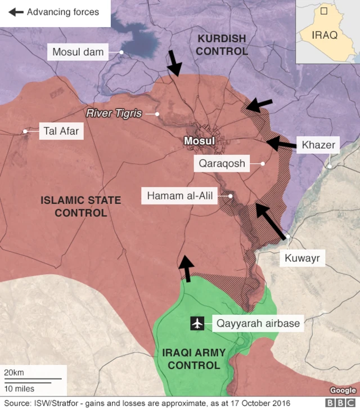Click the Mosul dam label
coord(78,52)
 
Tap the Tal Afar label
coord(61,132)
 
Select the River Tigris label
coord(114,113)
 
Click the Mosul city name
coord(200,140)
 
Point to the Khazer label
coord(318,145)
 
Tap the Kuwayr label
coord(303,258)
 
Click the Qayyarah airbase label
coord(258,323)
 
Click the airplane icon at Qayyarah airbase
coord(197,323)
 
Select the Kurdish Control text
coord(222,45)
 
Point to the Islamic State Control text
coord(80,206)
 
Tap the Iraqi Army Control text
coord(193,359)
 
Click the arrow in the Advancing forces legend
coord(16,12)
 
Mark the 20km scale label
coord(14,373)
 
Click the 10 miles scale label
coord(19,389)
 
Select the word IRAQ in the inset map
coord(325,35)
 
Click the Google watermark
coord(343,390)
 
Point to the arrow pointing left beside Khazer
coord(281,144)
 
